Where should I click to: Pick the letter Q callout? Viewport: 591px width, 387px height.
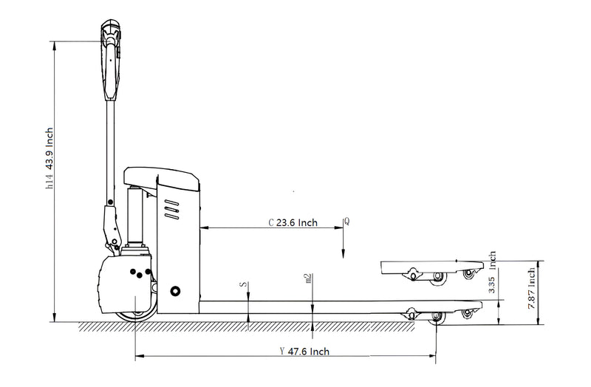(346, 221)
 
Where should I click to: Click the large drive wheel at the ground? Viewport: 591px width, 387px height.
(136, 306)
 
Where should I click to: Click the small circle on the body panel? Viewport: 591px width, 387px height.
(175, 290)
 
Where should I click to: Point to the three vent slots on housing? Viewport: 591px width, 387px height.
(172, 212)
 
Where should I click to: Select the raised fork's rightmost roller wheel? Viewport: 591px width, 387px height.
(467, 274)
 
